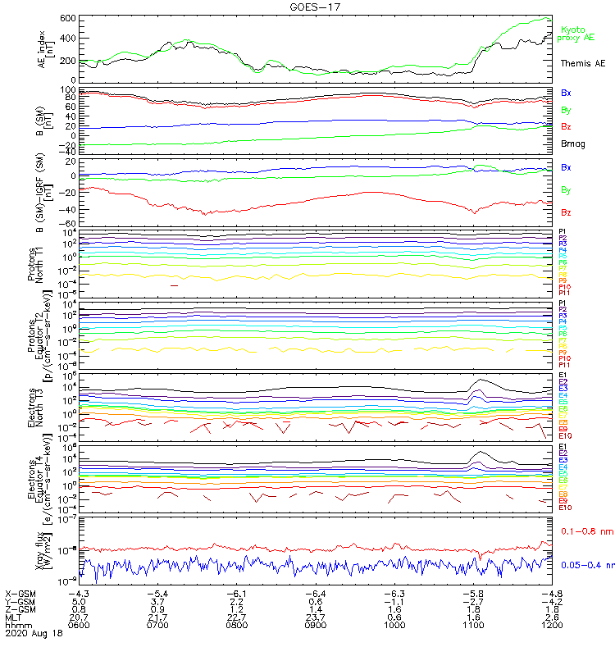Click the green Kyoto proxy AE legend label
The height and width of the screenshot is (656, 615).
tap(577, 34)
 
